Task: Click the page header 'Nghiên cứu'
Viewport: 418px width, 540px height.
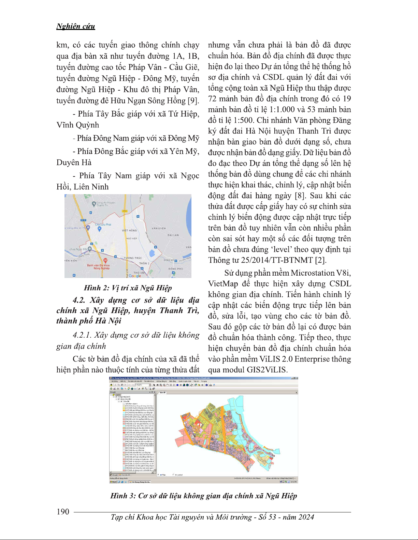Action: [75, 27]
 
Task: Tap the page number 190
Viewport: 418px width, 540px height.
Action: [63, 512]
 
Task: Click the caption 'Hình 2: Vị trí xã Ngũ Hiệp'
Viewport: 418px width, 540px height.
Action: [128, 288]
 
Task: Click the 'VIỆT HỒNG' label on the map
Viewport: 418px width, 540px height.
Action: [129, 231]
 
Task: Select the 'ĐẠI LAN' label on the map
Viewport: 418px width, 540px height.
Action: [173, 235]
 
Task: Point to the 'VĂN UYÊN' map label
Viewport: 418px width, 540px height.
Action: [158, 228]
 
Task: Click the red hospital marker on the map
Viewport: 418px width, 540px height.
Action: [105, 261]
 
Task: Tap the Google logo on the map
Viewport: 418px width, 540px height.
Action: [135, 276]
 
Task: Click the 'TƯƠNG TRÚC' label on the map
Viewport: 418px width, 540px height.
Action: [133, 258]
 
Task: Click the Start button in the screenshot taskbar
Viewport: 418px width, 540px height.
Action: [113, 482]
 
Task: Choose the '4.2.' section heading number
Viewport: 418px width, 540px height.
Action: [79, 300]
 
